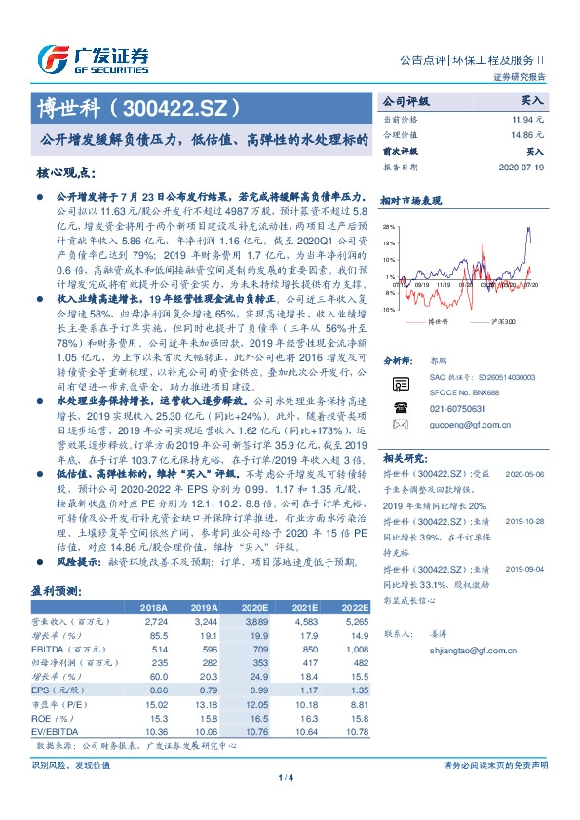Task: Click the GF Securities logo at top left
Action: [92, 56]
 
